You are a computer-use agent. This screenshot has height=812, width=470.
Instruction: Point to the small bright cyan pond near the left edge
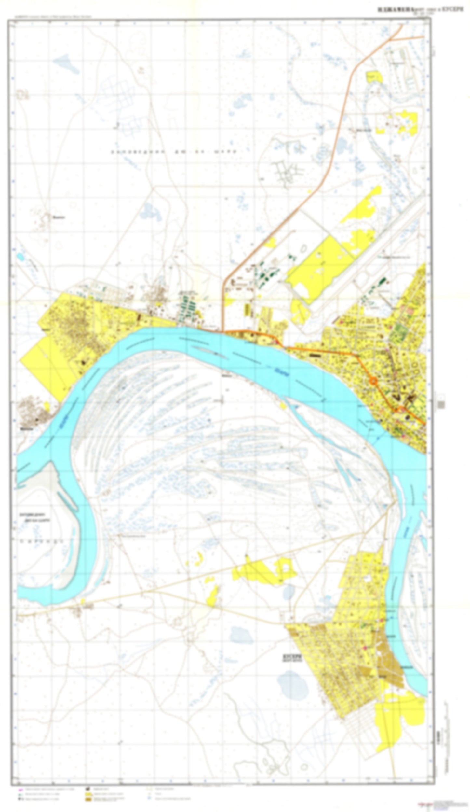[x=20, y=256]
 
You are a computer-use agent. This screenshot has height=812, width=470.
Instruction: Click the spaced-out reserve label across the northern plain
[x=177, y=152]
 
